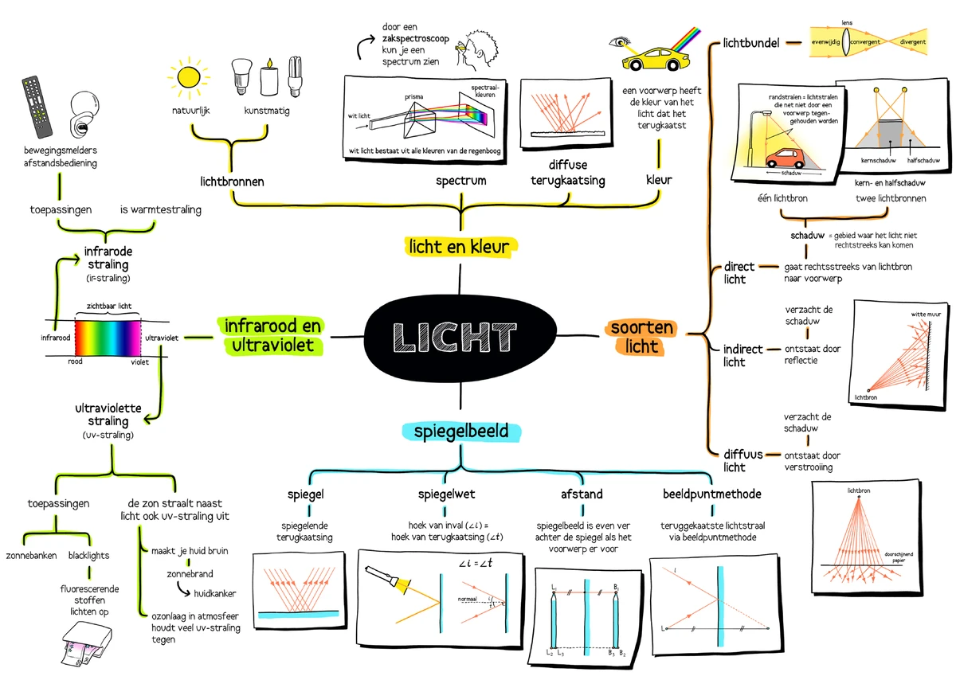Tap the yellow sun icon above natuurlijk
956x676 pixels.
pos(190,76)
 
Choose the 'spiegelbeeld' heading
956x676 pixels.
pos(461,432)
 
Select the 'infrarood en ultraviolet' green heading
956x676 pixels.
pos(272,336)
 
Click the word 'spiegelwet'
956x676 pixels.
pos(447,494)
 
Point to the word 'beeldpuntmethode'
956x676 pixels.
pos(711,494)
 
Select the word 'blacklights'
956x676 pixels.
pos(89,555)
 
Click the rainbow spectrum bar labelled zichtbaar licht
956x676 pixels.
pos(108,337)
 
